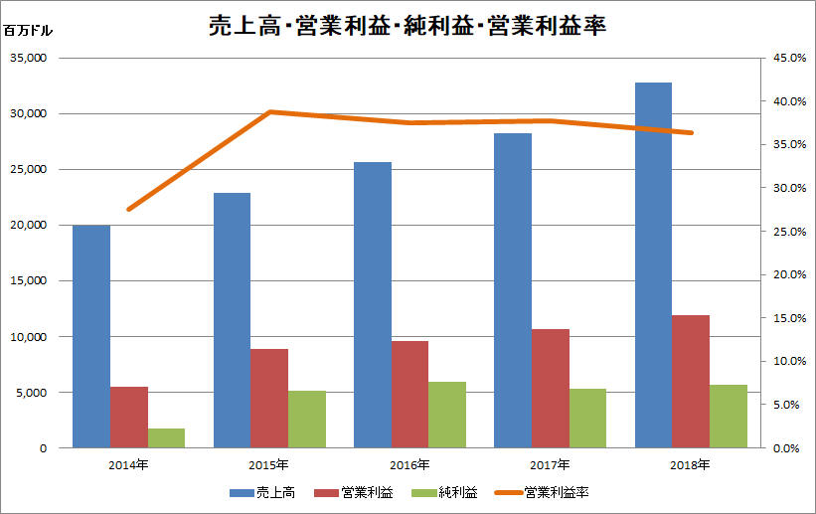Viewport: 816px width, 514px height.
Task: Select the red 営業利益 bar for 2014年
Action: coord(129,418)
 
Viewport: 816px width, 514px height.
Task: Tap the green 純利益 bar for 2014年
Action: coord(167,438)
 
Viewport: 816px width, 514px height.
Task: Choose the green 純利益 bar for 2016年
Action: coord(447,415)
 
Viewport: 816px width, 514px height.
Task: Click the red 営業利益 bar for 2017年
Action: coord(551,389)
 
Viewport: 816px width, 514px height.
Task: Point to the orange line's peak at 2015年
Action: coord(269,112)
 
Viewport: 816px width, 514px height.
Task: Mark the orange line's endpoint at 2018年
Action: coord(692,133)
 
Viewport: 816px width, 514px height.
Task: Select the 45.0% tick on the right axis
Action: coord(777,58)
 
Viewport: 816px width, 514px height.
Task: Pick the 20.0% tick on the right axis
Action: coord(777,275)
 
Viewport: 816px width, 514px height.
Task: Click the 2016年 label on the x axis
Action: coord(409,464)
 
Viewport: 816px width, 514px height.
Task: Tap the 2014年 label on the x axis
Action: coord(128,464)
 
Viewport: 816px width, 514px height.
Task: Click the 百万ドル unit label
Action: coord(28,30)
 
